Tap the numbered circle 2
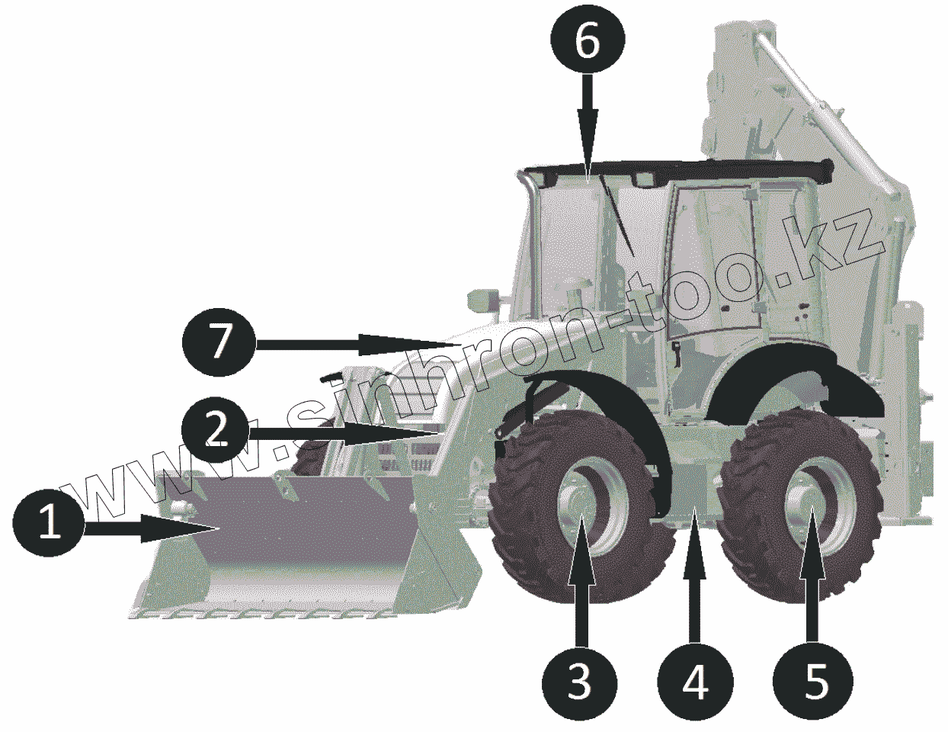217,432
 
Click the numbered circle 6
587,43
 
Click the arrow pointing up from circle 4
694,579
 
